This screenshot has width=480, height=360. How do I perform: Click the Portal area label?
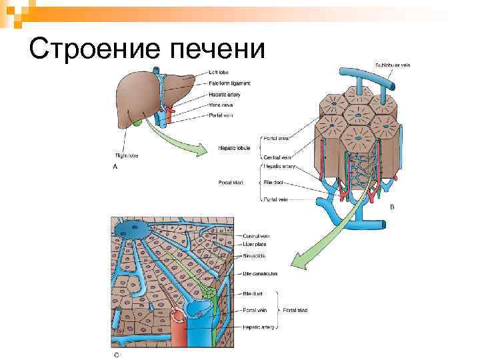tap(276, 138)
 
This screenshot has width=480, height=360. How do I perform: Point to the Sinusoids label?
tap(255, 255)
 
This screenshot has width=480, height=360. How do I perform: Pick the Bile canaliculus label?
tap(261, 273)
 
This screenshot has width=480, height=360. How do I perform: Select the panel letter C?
tap(116, 354)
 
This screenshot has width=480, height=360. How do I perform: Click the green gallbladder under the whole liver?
tap(136, 123)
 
